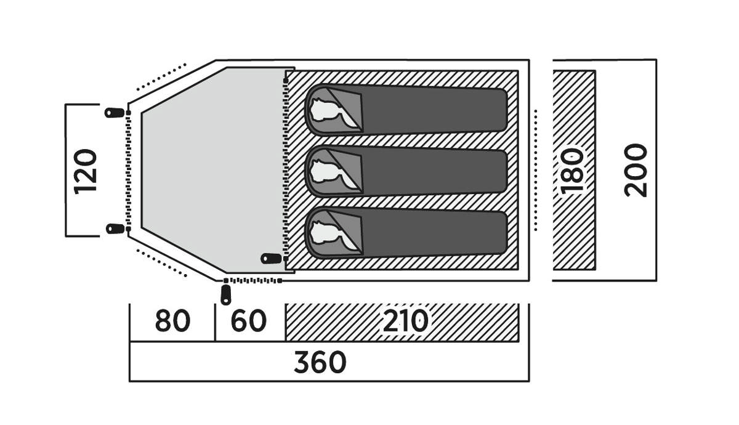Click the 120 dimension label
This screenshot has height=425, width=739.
point(86,172)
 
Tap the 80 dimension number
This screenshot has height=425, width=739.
point(172,321)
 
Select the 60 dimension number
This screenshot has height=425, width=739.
point(248,321)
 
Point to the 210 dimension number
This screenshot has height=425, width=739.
point(405,321)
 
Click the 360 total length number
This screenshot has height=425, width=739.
point(320,362)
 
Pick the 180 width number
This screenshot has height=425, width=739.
point(572,171)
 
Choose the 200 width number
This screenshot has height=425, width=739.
point(636,171)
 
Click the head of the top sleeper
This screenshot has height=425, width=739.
point(325,110)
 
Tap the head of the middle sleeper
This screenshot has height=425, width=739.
point(325,172)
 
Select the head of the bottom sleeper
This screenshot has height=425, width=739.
point(325,233)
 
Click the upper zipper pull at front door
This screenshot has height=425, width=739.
point(115,113)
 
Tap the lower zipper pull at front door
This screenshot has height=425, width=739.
point(115,229)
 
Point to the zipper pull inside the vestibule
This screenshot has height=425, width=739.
point(271,258)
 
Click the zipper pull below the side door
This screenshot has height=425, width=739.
point(225,295)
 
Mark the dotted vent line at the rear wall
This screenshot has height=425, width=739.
point(535,170)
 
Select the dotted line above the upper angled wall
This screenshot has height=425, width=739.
point(161,76)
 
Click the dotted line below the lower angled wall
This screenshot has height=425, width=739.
point(161,262)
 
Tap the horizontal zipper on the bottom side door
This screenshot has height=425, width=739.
point(252,280)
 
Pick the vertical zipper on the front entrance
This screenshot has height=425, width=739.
point(128,171)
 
